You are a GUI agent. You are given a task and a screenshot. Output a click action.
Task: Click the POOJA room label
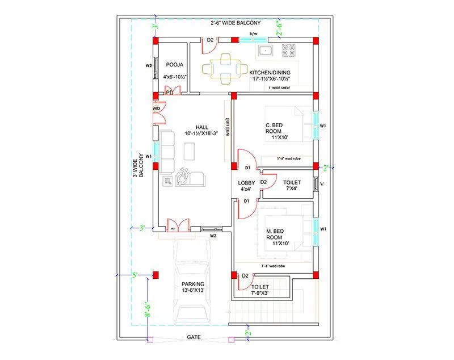point(174,65)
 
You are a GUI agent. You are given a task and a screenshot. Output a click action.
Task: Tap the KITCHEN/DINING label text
point(270,73)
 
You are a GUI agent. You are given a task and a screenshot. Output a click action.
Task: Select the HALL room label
point(201,127)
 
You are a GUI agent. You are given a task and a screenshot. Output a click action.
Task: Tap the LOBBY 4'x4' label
point(246,186)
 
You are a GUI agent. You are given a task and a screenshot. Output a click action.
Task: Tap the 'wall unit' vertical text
point(228,128)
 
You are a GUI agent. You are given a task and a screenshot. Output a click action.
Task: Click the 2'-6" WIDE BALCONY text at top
point(235,23)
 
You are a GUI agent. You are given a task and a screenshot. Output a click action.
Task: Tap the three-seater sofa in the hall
point(167,152)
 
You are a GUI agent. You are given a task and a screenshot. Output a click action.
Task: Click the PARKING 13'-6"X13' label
point(193,287)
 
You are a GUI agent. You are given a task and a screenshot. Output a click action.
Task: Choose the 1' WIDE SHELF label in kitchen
point(282,89)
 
